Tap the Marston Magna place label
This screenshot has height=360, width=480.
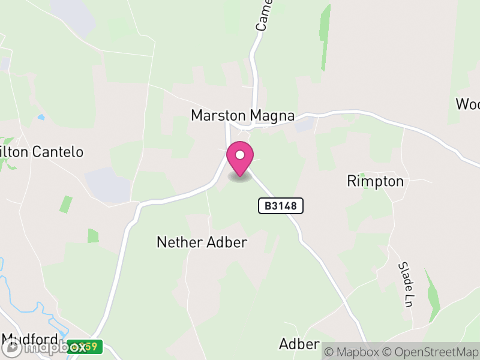click(x=242, y=115)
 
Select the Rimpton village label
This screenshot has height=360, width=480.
click(x=376, y=181)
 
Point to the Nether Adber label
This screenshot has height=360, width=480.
click(x=202, y=242)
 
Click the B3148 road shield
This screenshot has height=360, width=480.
click(x=281, y=206)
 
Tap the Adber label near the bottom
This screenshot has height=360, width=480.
click(x=299, y=344)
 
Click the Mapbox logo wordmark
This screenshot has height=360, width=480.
click(x=45, y=347)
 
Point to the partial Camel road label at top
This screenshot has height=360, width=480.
click(x=264, y=14)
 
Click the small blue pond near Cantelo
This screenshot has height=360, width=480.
click(x=41, y=117)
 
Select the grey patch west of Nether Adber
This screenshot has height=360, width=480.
click(x=107, y=185)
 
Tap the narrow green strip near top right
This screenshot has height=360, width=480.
click(x=325, y=36)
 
